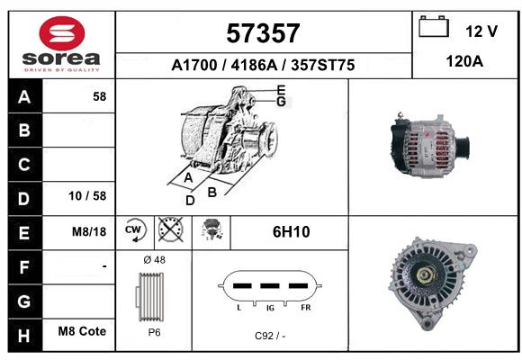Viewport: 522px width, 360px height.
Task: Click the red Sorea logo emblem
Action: [62, 33]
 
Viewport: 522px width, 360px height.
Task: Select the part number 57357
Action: [263, 33]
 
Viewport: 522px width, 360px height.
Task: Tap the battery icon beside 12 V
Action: [434, 26]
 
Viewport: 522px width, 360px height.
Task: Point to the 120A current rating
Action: [464, 61]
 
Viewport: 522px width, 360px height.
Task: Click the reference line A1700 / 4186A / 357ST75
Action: [263, 65]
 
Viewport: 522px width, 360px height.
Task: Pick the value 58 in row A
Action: [100, 96]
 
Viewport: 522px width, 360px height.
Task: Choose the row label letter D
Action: [24, 199]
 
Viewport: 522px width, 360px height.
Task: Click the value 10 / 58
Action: [87, 196]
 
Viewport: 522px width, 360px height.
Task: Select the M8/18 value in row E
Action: [89, 231]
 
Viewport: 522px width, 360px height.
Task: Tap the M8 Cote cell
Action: [82, 331]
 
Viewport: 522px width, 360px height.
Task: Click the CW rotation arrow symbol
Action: [135, 229]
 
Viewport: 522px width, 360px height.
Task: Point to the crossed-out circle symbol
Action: [171, 229]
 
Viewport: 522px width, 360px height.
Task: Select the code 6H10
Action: [292, 232]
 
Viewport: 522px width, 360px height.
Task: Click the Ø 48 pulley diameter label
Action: [154, 260]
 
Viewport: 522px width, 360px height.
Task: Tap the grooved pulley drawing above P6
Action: [149, 297]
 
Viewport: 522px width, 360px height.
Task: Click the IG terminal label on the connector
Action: [270, 308]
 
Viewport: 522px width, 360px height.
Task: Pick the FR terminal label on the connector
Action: [306, 308]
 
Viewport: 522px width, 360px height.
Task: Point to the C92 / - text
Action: [270, 336]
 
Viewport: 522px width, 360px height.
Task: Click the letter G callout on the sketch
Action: [282, 101]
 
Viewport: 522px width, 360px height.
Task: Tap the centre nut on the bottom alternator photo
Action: [424, 274]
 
